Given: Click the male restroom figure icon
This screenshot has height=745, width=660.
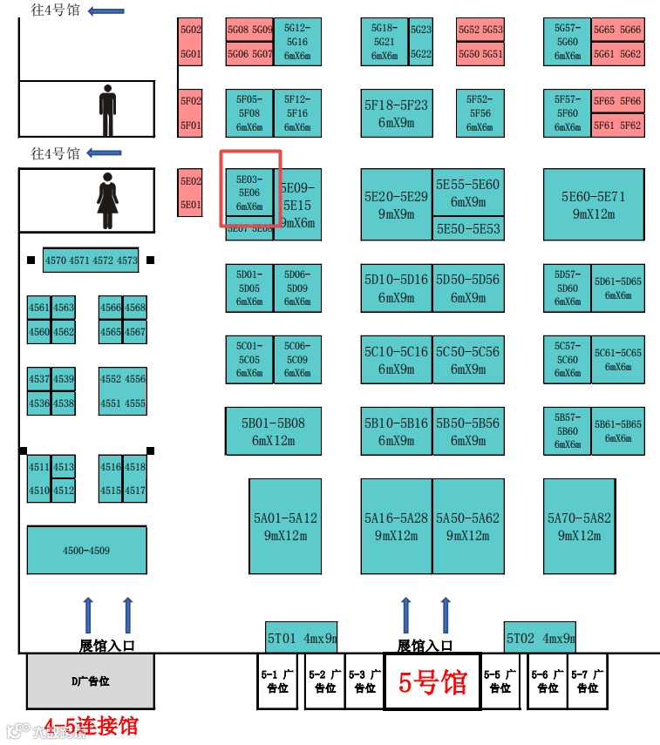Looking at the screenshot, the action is coord(107,110).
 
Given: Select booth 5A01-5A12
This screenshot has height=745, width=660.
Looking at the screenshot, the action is coord(285,526).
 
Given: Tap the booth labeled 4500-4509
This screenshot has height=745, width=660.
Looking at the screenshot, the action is coord(86,551).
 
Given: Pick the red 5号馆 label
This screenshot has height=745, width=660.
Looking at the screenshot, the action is coord(432,682).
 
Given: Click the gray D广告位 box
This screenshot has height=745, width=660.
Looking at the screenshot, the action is coord(90,681).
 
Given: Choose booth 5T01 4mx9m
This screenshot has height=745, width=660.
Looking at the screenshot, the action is coord(301,638).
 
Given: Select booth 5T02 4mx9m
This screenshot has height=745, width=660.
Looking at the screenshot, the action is coord(540,638).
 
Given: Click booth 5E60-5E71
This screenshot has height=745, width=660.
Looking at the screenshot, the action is coord(594,205).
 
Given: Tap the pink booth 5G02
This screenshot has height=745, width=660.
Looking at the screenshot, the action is coord(191,30).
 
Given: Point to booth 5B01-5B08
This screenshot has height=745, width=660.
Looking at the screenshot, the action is coord(274,431).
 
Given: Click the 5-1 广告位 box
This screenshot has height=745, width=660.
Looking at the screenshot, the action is coord(277,681).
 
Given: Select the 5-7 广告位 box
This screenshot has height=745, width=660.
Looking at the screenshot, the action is coord(587,681).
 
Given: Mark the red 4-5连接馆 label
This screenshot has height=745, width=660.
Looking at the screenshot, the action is coord(91,725).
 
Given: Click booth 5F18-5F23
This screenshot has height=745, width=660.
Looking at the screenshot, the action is coord(396,113).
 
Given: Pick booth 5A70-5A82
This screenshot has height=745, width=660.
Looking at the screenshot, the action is coord(579,526).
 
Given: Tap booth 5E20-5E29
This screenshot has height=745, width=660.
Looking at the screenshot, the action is coord(396,205).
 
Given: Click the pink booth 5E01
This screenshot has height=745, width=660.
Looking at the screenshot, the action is coord(191,206).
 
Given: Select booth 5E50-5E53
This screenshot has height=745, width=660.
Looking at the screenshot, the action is coord(468,228).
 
